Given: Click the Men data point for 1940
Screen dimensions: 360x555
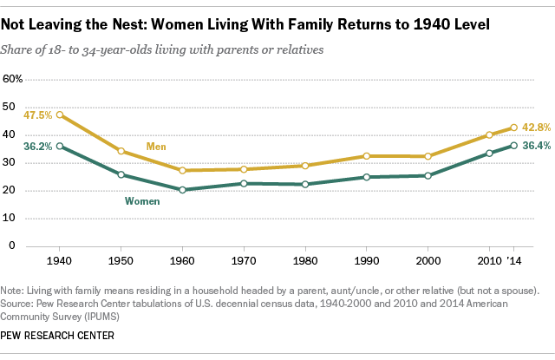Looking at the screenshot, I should point(60,115).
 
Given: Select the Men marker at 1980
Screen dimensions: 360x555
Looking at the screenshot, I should point(304,166).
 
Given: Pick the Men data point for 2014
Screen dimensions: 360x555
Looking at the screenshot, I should point(514,128).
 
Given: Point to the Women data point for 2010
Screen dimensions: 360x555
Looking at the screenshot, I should point(489,153).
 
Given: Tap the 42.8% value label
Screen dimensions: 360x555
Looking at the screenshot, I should point(537,128).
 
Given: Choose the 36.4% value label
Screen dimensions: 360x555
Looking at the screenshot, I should point(537,146).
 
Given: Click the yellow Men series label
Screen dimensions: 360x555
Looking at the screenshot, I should point(157,145).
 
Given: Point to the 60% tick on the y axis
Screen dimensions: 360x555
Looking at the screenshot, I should point(14,79).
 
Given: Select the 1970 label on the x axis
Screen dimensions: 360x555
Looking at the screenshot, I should point(244,260).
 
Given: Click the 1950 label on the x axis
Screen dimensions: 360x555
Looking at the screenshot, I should point(121,260).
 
